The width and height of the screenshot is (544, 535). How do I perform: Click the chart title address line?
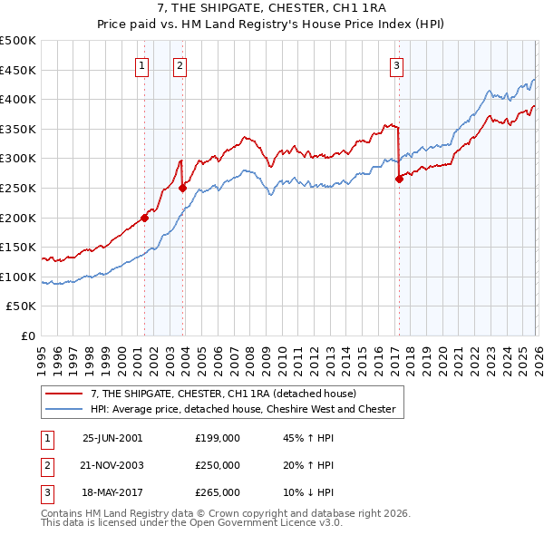[272, 10]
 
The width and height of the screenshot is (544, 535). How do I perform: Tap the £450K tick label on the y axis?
[18, 70]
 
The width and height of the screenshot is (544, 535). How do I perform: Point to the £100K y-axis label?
[18, 277]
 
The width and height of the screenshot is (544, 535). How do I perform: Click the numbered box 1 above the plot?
[143, 65]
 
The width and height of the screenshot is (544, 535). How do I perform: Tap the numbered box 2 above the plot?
[180, 65]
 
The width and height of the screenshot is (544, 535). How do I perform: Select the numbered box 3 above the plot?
[397, 65]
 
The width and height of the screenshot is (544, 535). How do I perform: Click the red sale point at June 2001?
[145, 218]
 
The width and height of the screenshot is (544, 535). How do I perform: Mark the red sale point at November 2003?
[183, 189]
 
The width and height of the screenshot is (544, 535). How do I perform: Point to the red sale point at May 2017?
[399, 180]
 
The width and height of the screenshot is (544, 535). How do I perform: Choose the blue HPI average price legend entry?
[242, 409]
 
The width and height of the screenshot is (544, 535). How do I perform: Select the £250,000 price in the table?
[218, 465]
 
